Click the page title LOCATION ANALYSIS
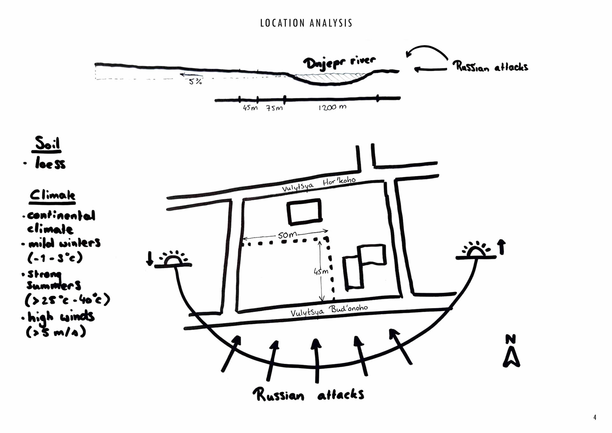tap(306, 23)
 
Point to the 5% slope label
tap(195, 82)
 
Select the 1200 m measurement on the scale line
tap(332, 108)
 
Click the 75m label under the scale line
tap(274, 108)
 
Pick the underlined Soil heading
tap(47, 144)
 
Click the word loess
tap(50, 164)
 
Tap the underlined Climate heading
tap(53, 195)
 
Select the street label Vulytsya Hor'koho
tap(319, 184)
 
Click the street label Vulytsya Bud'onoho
tap(329, 310)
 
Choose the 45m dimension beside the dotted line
tap(321, 272)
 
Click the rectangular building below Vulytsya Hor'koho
tap(304, 212)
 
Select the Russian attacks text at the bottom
tap(308, 395)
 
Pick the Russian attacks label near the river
tap(490, 67)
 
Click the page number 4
tap(595, 417)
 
